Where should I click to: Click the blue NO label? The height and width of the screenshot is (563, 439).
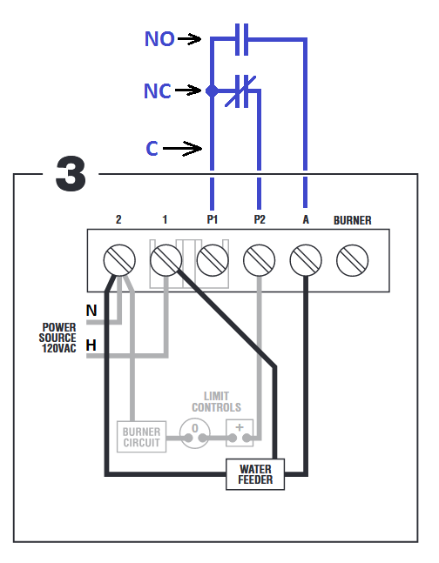pos(159,39)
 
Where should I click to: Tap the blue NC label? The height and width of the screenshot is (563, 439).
pos(158,90)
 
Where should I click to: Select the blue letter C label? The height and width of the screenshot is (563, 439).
pos(152,148)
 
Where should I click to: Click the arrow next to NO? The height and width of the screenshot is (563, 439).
pos(190,39)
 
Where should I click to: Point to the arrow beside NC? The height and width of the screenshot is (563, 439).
pos(188,90)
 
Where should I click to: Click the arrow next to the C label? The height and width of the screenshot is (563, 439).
pos(183,148)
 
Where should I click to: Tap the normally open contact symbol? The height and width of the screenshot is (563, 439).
pos(241,39)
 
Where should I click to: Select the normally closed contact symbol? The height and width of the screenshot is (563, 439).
pos(241,91)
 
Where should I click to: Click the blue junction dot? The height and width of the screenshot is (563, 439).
pos(213,90)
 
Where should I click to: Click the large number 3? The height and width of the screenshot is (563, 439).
pos(71,173)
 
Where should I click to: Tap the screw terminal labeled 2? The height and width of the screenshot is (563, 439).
pos(119,260)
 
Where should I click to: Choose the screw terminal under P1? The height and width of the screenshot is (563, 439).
pos(213,260)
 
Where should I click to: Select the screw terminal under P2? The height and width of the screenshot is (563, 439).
pos(260,260)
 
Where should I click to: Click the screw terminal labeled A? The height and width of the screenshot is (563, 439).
pos(306,260)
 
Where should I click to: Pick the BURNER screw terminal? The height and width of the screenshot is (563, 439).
pos(353,260)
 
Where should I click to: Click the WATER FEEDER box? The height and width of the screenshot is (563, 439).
pos(255,474)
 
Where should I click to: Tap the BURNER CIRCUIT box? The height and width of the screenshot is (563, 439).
pos(142,437)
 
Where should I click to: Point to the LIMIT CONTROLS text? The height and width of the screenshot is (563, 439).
pos(216,402)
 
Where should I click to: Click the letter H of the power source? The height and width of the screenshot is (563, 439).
pos(91,345)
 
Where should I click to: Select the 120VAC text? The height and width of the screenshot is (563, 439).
pos(59,348)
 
